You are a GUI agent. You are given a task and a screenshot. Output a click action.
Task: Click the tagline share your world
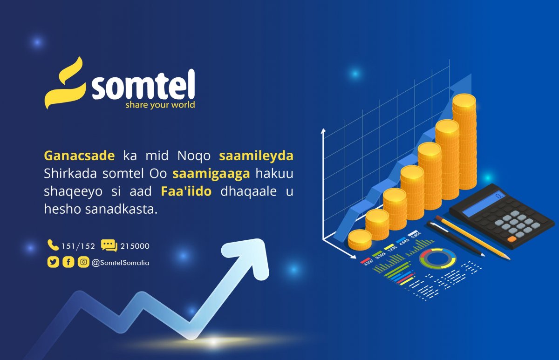point(160,105)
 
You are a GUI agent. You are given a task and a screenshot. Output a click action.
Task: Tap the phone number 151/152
point(78,246)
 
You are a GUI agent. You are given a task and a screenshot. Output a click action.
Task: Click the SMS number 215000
point(135,246)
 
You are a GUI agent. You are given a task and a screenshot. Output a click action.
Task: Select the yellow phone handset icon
point(53,245)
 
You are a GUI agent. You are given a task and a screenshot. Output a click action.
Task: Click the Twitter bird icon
point(53,262)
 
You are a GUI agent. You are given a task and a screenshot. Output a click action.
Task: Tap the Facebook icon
point(68,262)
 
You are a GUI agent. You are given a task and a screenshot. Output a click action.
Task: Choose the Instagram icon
point(83,262)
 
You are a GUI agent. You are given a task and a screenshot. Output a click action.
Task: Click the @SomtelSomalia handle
point(121,263)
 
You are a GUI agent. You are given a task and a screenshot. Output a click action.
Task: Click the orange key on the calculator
point(511,239)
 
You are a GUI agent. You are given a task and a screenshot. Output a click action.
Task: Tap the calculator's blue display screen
point(484,204)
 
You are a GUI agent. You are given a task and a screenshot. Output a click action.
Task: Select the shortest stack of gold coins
point(360,239)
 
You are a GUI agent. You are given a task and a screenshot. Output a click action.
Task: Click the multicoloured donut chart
point(437,259)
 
